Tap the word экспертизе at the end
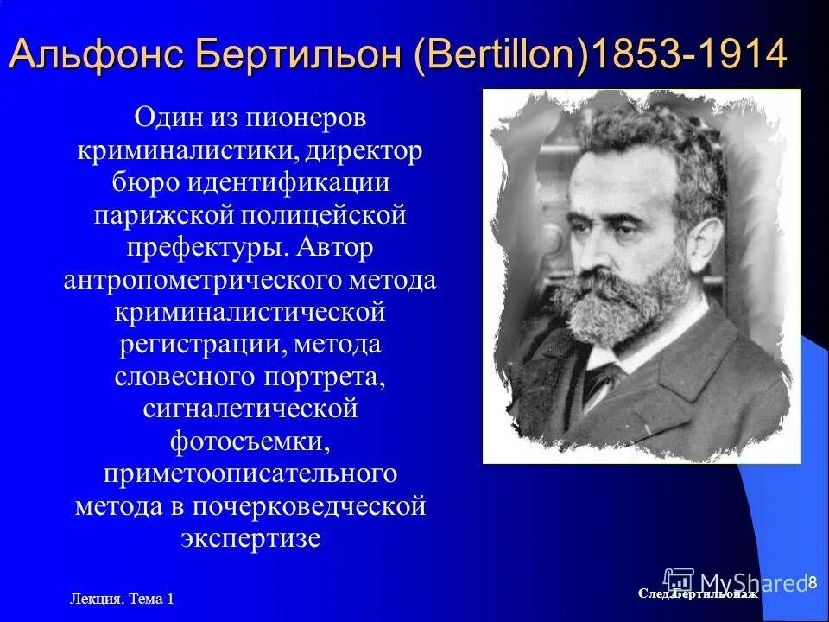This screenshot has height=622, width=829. [x=250, y=539]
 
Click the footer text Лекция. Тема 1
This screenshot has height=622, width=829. [x=120, y=598]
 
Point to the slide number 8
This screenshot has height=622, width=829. [x=813, y=583]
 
